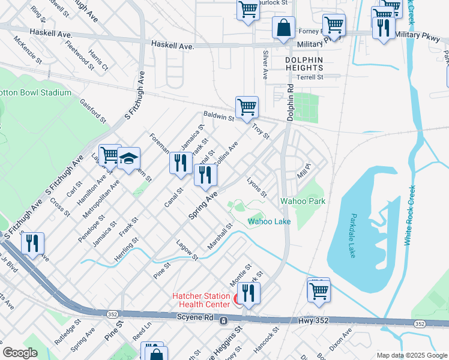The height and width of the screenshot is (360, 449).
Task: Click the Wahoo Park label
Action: [x=303, y=201]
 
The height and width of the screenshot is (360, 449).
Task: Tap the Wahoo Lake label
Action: [x=270, y=221]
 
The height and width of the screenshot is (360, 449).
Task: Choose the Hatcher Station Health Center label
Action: [x=201, y=299]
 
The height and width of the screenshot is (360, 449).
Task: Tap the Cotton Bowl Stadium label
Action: [x=35, y=93]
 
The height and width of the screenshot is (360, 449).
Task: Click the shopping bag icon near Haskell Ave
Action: [x=283, y=28]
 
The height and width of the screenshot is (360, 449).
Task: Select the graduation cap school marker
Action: [x=128, y=159]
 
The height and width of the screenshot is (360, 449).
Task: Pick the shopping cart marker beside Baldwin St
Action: [x=247, y=108]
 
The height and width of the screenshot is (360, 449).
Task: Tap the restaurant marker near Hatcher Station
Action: [x=249, y=293]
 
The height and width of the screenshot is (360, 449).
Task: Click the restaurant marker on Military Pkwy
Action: [x=383, y=28]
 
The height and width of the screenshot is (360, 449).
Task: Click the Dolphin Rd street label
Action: [x=291, y=102]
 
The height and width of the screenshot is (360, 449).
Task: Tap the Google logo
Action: [x=20, y=353]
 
